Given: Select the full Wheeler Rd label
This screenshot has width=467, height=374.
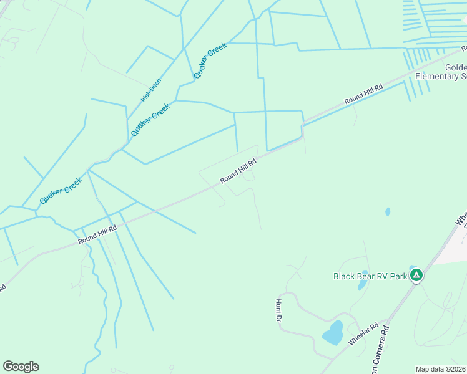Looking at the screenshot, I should pyautogui.click(x=364, y=335).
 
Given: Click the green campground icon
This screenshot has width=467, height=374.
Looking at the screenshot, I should pyautogui.click(x=416, y=275).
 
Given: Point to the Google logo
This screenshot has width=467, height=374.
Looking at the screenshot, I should pyautogui.click(x=21, y=367).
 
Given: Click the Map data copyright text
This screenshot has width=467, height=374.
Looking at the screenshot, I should pyautogui.click(x=441, y=369).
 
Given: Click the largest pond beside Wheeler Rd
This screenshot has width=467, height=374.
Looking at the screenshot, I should pyautogui.click(x=333, y=333).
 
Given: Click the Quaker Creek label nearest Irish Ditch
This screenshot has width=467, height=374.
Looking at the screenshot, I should pyautogui.click(x=150, y=120).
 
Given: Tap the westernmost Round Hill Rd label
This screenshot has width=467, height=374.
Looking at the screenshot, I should pyautogui.click(x=98, y=234).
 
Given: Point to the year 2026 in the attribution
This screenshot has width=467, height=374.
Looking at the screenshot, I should pyautogui.click(x=458, y=369).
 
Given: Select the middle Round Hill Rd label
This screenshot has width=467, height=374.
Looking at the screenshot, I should pyautogui.click(x=238, y=172).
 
